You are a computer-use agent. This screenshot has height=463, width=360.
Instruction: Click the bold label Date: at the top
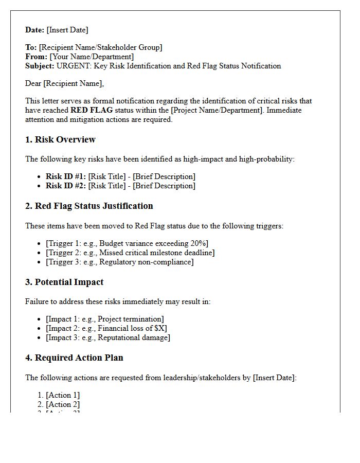click(35, 30)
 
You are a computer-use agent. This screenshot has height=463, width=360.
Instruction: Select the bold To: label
click(31, 47)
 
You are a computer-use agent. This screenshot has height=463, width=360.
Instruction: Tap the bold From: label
click(37, 57)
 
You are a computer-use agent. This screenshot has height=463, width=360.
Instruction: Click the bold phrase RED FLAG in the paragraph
click(91, 110)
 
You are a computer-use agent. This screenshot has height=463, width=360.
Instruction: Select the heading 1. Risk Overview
click(60, 140)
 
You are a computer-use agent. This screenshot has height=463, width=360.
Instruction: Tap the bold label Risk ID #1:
click(66, 176)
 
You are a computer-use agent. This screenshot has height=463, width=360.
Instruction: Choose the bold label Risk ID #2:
click(66, 186)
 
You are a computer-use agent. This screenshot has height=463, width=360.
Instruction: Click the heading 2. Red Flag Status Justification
click(89, 206)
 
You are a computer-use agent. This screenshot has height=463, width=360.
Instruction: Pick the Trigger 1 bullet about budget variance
click(127, 243)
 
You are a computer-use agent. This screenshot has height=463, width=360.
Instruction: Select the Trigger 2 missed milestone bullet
click(130, 253)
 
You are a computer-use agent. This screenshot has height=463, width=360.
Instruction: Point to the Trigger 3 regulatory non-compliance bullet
click(120, 262)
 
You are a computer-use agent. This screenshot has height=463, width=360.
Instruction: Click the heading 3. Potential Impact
click(64, 282)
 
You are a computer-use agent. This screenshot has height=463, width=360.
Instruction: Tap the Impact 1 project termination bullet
click(105, 319)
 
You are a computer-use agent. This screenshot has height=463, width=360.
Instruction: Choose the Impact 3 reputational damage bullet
click(108, 337)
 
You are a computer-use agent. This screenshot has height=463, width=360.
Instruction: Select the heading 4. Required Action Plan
click(74, 358)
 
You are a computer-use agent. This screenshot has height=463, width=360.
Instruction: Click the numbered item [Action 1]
click(63, 395)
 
